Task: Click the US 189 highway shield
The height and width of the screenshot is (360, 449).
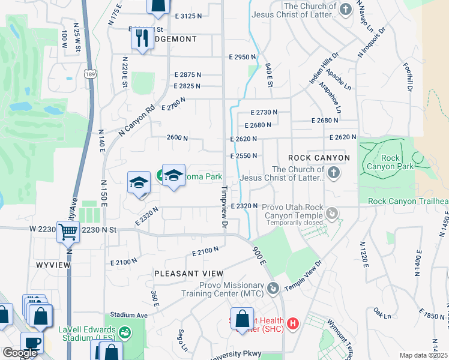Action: (x=90, y=74)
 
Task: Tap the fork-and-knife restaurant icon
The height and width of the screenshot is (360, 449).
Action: (x=143, y=39)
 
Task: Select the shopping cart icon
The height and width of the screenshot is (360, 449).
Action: (x=68, y=231)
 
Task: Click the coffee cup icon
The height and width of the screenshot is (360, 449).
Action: (x=32, y=343)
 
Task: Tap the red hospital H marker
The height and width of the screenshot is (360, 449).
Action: (x=293, y=324)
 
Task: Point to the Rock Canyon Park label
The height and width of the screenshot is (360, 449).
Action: (x=390, y=162)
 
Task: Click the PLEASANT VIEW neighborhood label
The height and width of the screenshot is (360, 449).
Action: (x=184, y=273)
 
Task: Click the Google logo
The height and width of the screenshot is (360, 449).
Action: (x=20, y=353)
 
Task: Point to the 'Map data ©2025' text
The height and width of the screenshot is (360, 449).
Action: (x=424, y=355)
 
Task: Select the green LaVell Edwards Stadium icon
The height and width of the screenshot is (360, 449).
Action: (x=125, y=331)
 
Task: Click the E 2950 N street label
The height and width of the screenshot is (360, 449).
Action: (x=242, y=57)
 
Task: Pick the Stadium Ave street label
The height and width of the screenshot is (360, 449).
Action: (x=128, y=314)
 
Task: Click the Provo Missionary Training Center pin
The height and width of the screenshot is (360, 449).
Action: (x=274, y=289)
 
